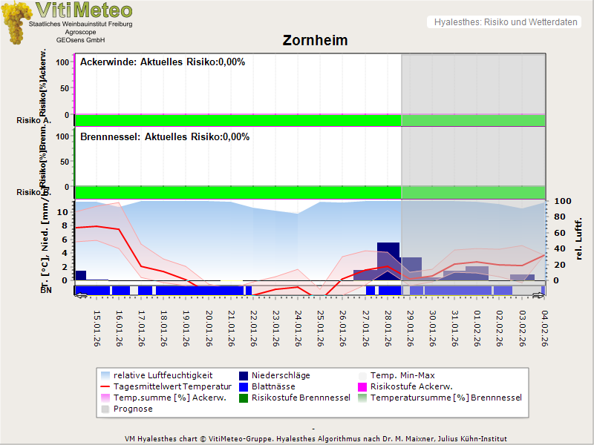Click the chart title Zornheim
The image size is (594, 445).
(315, 40)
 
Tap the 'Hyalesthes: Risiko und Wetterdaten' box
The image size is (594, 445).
(505, 22)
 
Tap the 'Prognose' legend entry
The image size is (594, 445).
(133, 409)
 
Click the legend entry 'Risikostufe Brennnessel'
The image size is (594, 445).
(301, 398)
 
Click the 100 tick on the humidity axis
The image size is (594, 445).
(562, 201)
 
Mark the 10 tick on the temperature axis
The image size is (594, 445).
(62, 212)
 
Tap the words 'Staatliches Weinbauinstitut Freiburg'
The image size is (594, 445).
(80, 24)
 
